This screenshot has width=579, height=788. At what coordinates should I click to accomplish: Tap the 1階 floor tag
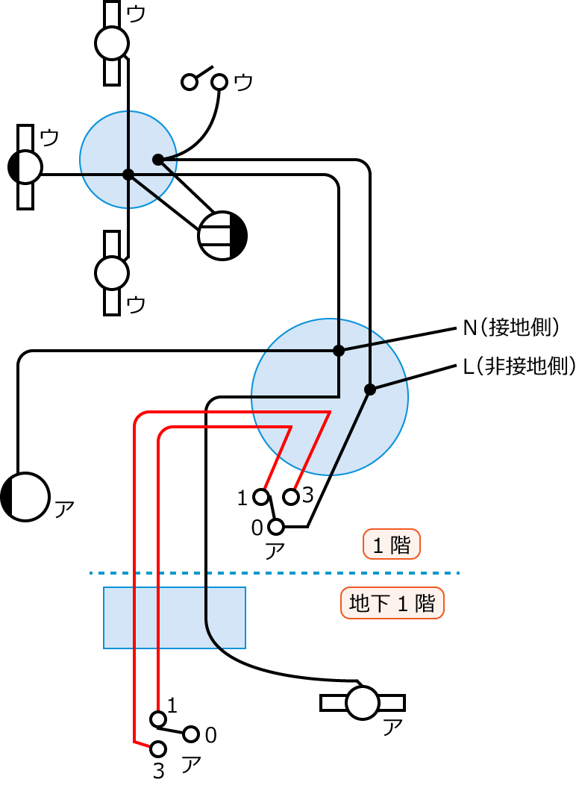[x=392, y=545]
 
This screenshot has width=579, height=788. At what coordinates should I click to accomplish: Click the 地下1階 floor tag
[x=392, y=604]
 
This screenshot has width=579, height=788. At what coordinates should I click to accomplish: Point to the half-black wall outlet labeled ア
[x=25, y=497]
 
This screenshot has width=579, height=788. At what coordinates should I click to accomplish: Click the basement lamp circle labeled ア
[x=363, y=703]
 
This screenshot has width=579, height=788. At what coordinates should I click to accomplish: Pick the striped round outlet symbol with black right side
[x=222, y=236]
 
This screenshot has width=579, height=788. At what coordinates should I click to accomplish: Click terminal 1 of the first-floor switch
[x=261, y=496]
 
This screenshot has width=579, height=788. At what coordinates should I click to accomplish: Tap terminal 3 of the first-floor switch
[x=292, y=496]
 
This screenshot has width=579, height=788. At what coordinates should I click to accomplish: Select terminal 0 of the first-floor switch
[x=276, y=527]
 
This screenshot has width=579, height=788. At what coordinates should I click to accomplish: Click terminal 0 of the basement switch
[x=192, y=734]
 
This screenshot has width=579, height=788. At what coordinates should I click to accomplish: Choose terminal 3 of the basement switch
[x=158, y=748]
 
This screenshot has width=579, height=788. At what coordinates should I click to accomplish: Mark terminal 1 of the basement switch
[x=158, y=719]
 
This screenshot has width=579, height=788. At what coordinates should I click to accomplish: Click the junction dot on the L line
[x=369, y=390]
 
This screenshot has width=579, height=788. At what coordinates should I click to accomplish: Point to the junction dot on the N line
[x=339, y=350]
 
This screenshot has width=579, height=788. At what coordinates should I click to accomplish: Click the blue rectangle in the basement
[x=174, y=617]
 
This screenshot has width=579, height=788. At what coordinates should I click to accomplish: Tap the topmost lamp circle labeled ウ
[x=112, y=43]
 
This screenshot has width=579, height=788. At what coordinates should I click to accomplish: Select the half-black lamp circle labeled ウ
[x=25, y=167]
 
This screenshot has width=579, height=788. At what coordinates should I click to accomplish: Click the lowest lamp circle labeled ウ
[x=112, y=273]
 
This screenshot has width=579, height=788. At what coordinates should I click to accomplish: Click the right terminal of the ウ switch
[x=219, y=81]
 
